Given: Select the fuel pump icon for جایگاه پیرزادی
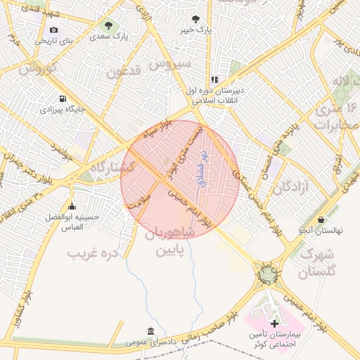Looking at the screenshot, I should pos(63,98).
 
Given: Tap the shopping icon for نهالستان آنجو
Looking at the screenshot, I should pos(321,219).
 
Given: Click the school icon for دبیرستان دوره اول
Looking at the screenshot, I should pos(214,80).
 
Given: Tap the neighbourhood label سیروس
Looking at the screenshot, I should pos(175,64).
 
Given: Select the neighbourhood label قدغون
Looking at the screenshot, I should pos(124,71).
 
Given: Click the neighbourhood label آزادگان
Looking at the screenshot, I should pos(291,188).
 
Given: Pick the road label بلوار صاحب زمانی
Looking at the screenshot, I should pos(205,328).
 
